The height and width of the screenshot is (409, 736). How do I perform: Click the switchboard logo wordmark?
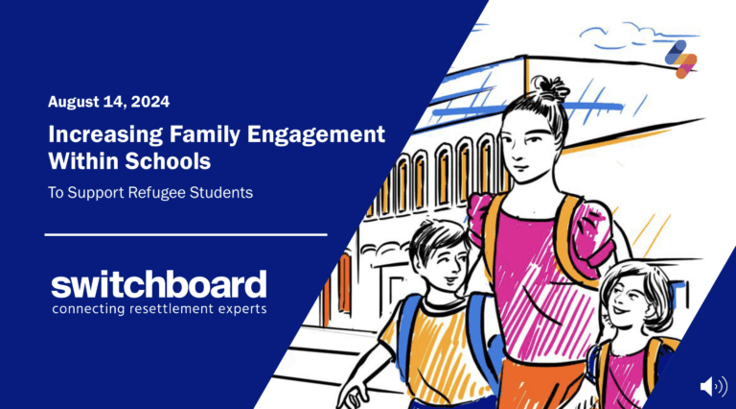tap(159, 284)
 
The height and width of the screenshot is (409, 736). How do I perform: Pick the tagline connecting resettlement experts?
tap(159, 309)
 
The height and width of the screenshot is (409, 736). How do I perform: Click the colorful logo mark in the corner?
tap(680, 59)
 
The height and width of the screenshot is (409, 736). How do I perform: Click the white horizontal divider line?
tap(186, 233)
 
